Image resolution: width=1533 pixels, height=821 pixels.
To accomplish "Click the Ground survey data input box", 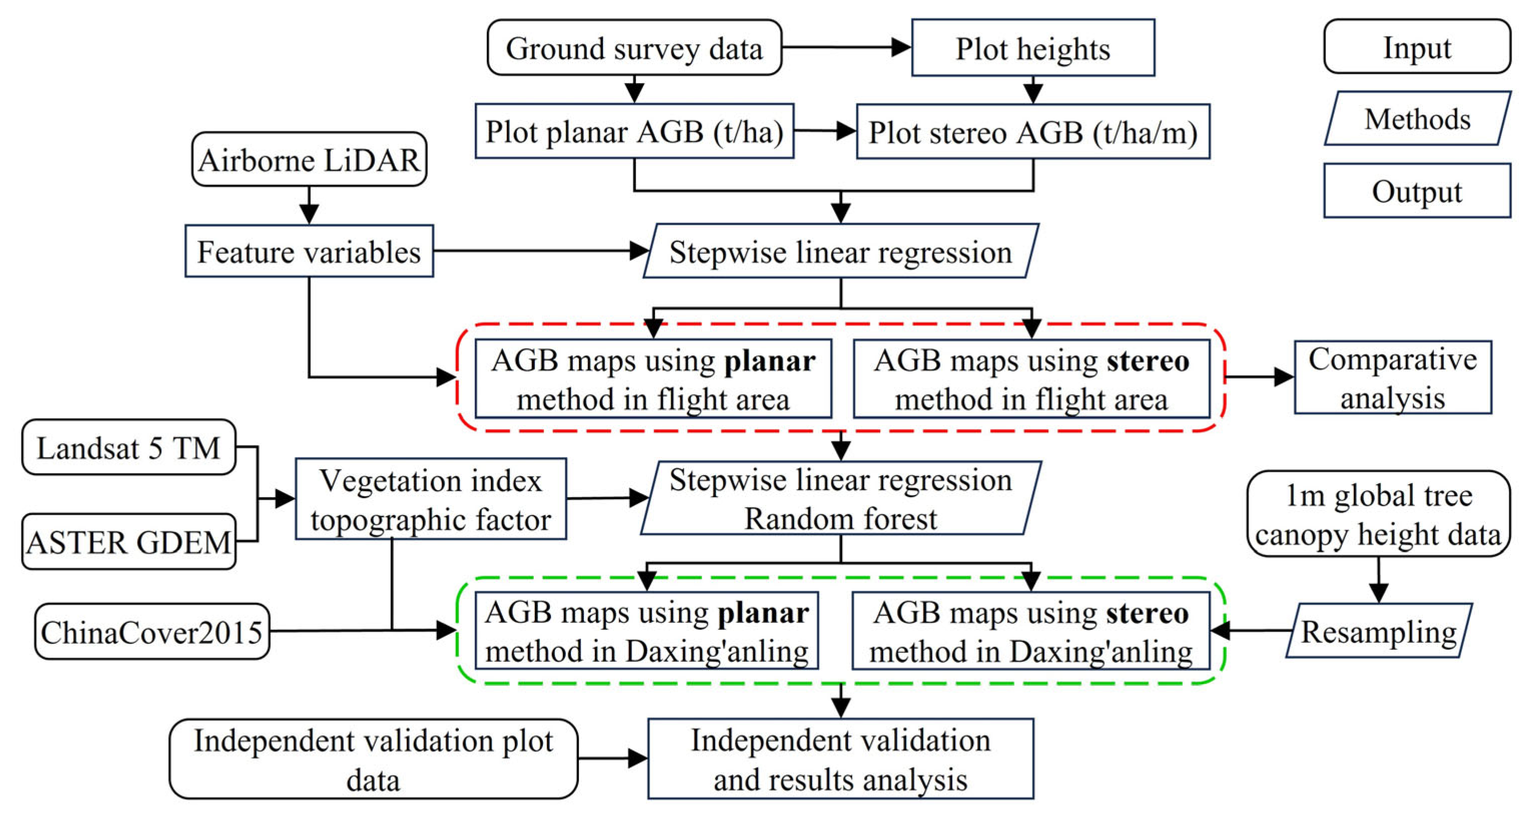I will coord(634,48).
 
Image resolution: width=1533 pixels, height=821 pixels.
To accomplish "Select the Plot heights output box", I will coord(1033,48).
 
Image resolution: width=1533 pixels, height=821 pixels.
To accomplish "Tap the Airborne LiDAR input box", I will coord(309,160).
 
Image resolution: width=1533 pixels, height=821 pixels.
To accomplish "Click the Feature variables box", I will coord(309,251).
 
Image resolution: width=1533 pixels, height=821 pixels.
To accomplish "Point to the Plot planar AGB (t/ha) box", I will coord(634,131).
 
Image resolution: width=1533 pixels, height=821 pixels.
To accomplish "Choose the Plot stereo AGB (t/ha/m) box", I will coord(1033,132).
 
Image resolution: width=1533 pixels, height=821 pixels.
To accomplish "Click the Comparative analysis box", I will coord(1392,377).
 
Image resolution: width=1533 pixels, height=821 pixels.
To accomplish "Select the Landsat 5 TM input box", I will coord(129,447).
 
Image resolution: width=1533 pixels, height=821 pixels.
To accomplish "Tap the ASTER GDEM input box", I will coord(129,542).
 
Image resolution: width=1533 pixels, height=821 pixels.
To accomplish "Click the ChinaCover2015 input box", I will coord(152,631).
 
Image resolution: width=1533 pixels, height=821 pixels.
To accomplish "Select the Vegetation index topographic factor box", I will coord(430,499).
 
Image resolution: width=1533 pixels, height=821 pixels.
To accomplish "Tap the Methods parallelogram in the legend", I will coord(1417,119).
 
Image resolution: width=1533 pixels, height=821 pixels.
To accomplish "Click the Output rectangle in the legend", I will coord(1417,191).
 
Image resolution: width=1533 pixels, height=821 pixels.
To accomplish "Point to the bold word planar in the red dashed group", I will coord(770,361).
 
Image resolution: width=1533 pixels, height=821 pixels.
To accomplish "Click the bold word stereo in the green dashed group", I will coord(1147,613).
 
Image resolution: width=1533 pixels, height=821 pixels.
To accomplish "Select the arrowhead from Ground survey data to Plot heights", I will coord(901,48).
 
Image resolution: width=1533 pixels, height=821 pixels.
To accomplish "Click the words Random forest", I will coord(840,519).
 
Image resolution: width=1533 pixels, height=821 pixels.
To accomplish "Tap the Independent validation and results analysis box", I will coord(840,758).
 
